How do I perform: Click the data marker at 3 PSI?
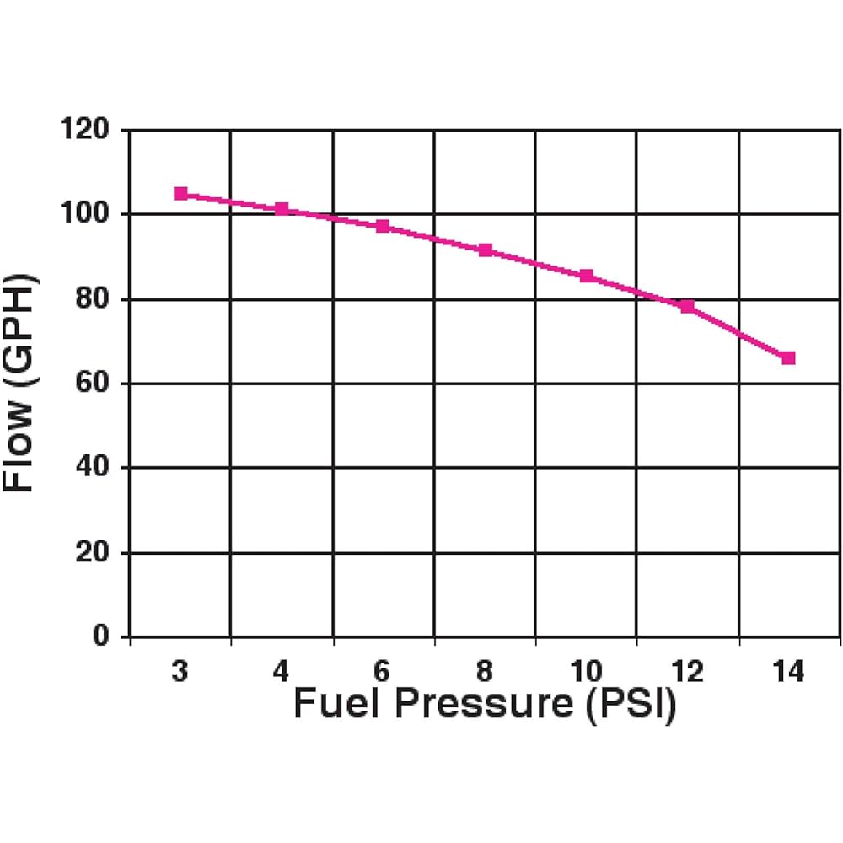pos(180,194)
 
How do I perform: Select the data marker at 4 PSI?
pos(282,208)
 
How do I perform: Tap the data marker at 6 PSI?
pos(383,226)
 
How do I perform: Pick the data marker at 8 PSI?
pos(485,250)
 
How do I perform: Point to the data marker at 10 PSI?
pos(587,276)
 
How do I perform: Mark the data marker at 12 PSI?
pos(688,306)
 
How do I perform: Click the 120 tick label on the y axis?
pos(85,130)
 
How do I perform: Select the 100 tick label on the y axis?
pos(85,214)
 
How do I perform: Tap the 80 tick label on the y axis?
pos(92,299)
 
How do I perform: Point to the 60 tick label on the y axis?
pos(92,384)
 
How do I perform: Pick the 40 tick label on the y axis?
pos(92,468)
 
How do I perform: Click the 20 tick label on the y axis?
pos(92,553)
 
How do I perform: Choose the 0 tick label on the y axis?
pos(101,637)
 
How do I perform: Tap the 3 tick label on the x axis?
pos(180,672)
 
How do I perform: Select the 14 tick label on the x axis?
pos(788,672)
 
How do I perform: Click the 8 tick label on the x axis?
pos(485,672)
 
